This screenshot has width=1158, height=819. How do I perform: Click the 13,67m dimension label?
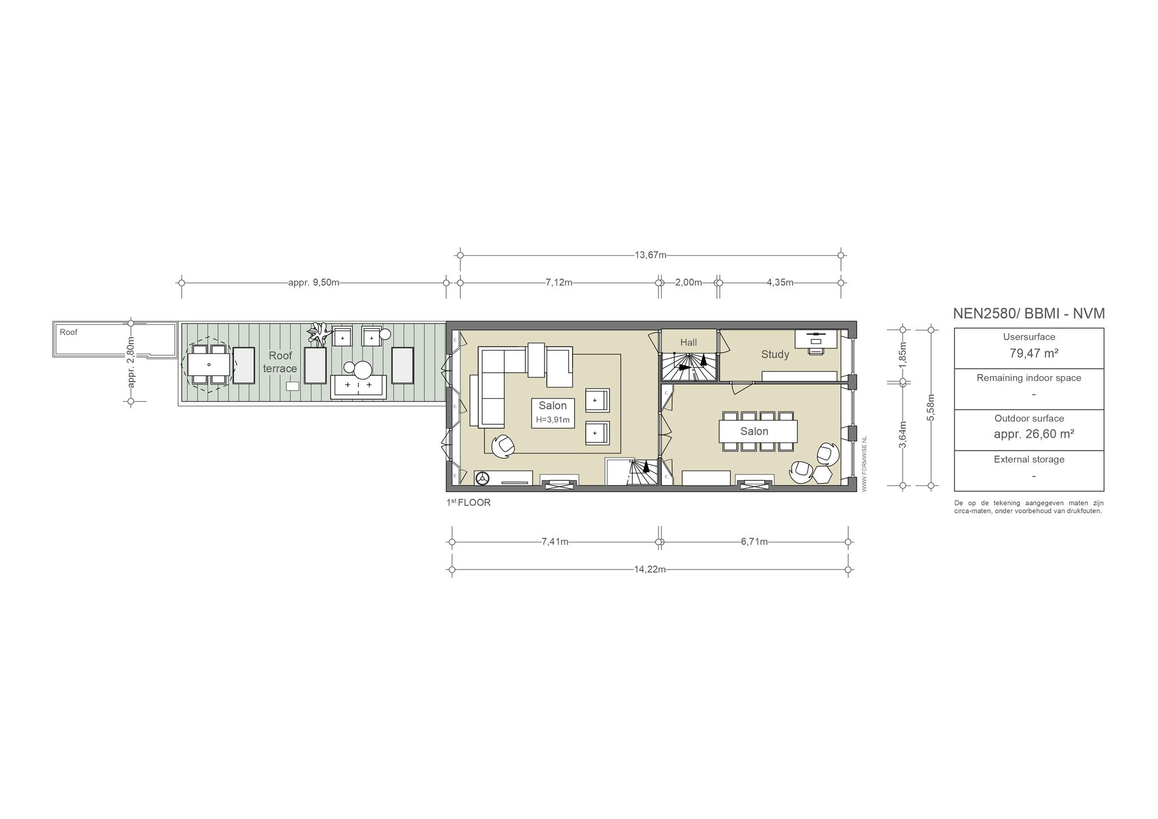pyautogui.click(x=650, y=255)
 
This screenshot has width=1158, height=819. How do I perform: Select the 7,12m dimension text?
pyautogui.click(x=559, y=283)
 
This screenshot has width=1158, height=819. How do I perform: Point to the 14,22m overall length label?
pyautogui.click(x=650, y=570)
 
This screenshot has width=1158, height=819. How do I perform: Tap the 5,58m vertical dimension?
pyautogui.click(x=931, y=407)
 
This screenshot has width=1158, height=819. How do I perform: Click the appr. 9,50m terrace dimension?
pyautogui.click(x=314, y=283)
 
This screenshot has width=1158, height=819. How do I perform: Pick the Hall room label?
pyautogui.click(x=689, y=343)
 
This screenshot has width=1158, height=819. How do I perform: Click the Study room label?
pyautogui.click(x=775, y=355)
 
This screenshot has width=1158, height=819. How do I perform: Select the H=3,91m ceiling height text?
pyautogui.click(x=552, y=420)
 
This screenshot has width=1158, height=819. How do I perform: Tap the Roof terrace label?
pyautogui.click(x=280, y=362)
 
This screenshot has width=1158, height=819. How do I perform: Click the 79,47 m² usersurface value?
pyautogui.click(x=1034, y=354)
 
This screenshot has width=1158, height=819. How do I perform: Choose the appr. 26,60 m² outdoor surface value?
pyautogui.click(x=1034, y=434)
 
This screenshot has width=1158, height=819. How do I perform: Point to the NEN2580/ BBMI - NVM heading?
pyautogui.click(x=1029, y=313)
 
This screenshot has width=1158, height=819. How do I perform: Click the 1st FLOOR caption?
pyautogui.click(x=468, y=502)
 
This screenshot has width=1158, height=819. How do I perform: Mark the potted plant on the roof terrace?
pyautogui.click(x=318, y=333)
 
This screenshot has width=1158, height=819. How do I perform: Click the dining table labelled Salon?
pyautogui.click(x=758, y=432)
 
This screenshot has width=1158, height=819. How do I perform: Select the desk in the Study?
pyautogui.click(x=815, y=339)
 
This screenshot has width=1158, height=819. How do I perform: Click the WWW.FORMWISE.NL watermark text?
pyautogui.click(x=864, y=463)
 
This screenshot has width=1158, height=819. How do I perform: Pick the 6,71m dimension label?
pyautogui.click(x=754, y=542)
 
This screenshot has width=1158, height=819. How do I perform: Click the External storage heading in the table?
pyautogui.click(x=1029, y=460)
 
